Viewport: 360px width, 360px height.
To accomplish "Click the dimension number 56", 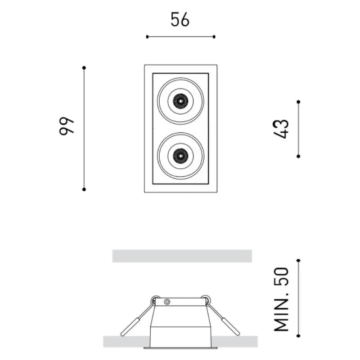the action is tap(180, 19).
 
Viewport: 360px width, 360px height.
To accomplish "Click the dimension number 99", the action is tap(67, 126).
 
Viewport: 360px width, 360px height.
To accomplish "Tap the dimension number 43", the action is tap(281, 129).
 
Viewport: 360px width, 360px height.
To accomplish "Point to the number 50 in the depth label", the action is tap(281, 277).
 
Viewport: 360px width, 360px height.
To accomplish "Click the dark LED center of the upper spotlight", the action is tap(180, 101).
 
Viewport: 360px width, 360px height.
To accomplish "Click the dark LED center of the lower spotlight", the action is tap(180, 156).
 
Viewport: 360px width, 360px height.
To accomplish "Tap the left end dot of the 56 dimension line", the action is tap(147, 37).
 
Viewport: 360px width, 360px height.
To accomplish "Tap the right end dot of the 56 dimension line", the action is tap(214, 37).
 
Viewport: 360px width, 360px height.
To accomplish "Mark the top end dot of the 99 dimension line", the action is tap(84, 68).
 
